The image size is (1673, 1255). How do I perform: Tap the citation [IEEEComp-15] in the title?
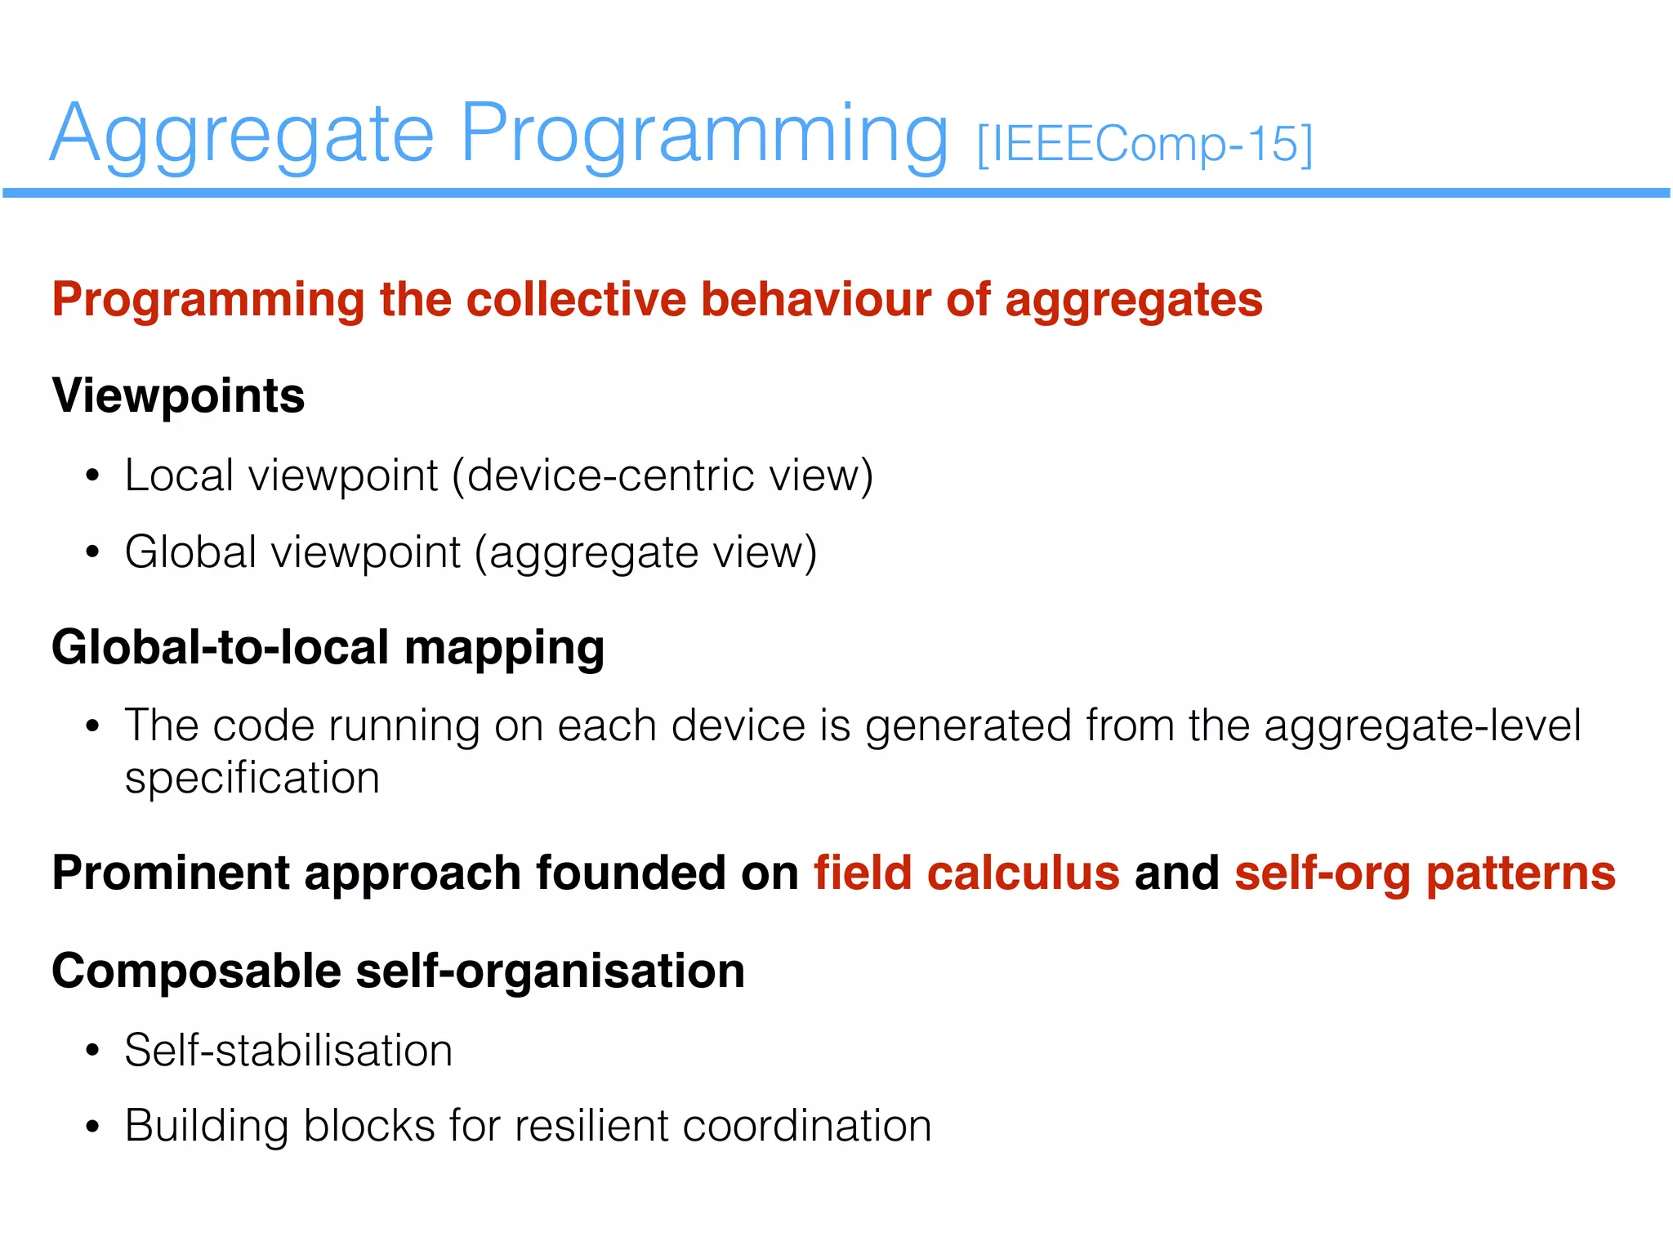tap(1144, 145)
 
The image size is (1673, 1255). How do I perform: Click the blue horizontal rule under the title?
tap(836, 193)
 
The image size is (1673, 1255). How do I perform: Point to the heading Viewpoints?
tap(178, 396)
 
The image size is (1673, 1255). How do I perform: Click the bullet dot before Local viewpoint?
tap(92, 476)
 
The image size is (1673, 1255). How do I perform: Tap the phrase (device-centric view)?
tap(663, 476)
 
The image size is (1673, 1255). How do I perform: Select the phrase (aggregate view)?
tap(645, 552)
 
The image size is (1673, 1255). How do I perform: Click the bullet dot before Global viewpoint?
tap(92, 553)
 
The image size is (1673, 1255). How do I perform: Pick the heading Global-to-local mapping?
tap(328, 648)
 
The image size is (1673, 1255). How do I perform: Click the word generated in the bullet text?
tap(968, 726)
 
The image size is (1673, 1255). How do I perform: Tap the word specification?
tap(252, 778)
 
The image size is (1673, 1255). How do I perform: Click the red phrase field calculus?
tap(966, 873)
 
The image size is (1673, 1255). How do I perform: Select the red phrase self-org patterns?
tap(1425, 873)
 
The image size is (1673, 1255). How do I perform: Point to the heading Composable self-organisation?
tap(398, 971)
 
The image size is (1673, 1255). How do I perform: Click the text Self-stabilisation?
tap(288, 1051)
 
